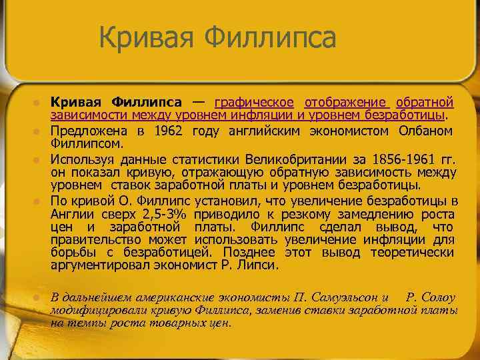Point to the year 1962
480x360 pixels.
(x=169, y=131)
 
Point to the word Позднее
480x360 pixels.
(x=247, y=252)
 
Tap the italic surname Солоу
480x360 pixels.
(x=436, y=297)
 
